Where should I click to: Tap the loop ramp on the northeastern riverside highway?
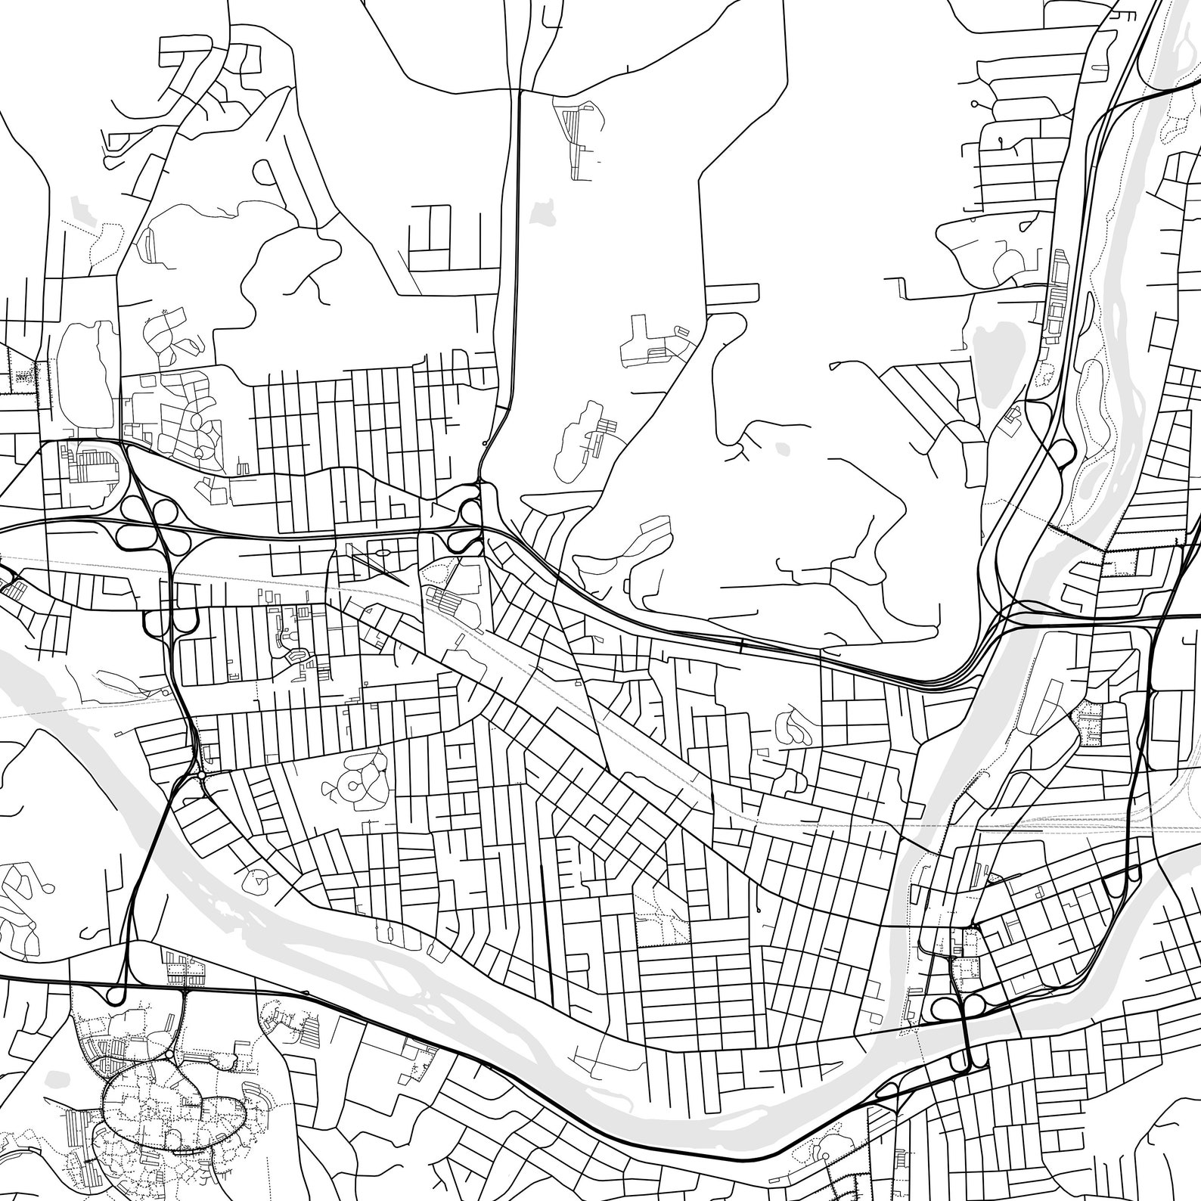point(1061,452)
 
